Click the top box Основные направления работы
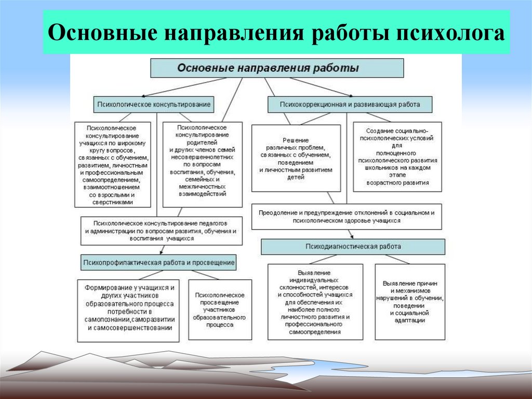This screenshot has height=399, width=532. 277,68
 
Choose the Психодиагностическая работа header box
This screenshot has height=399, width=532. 353,247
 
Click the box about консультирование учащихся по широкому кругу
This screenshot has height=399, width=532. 113,164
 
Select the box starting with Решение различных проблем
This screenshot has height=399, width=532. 296,159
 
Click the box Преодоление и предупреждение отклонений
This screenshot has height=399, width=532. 347,217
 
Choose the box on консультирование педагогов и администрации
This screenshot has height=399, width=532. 162,230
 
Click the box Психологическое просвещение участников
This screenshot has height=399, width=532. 220,310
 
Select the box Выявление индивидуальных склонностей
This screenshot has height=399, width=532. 315,302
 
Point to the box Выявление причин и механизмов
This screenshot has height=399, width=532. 410,302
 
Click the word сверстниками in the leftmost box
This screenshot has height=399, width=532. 113,202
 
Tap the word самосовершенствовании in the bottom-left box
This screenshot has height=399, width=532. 131,328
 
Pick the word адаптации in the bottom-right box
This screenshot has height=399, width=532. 410,321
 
